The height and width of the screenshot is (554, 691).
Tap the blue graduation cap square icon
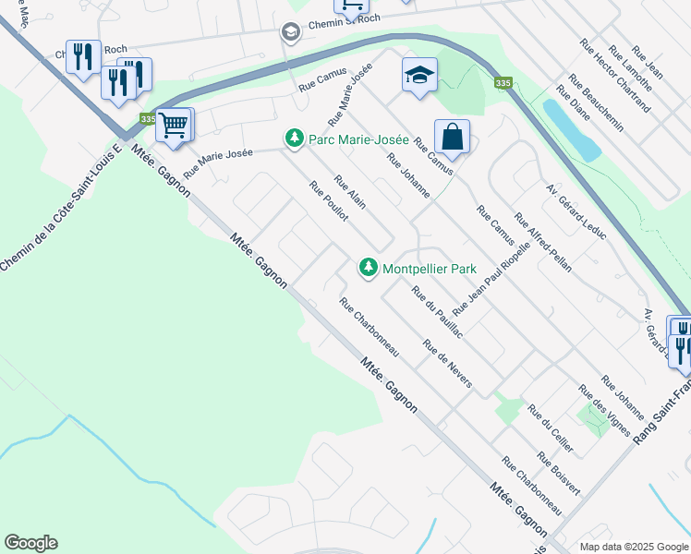419,75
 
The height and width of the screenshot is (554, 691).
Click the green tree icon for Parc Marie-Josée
294,138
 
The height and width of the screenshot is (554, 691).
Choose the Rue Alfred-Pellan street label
542,242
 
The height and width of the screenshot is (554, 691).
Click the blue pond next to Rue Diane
573,130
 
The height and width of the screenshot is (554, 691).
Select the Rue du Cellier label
551,428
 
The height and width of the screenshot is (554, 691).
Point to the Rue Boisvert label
558,475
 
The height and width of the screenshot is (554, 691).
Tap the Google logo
30,543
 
